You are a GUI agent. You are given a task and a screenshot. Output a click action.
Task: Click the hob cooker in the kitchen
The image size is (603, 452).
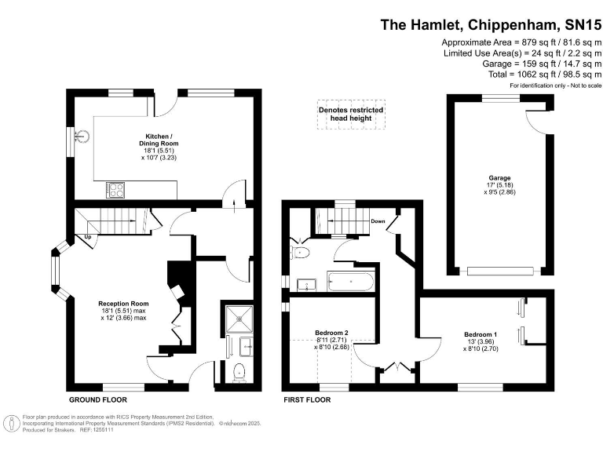(115, 190)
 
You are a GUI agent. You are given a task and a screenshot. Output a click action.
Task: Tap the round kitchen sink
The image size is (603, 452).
(82, 136)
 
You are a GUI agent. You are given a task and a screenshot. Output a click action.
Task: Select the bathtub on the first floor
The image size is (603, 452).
(350, 282)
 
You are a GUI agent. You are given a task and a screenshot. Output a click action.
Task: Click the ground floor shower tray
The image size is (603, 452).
(239, 319)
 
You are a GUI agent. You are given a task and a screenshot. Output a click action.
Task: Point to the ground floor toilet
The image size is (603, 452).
(239, 372)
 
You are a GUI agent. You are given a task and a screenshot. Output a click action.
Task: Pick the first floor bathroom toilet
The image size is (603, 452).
(301, 253)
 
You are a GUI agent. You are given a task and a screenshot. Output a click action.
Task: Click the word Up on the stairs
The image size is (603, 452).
(88, 237)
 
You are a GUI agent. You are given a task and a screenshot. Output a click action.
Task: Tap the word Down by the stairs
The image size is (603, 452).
(378, 221)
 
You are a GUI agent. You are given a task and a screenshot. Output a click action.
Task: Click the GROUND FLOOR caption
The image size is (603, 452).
(98, 400)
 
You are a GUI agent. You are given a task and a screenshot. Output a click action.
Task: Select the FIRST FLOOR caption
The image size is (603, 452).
(307, 400)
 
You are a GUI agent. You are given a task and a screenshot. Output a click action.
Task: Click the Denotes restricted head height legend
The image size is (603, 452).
(351, 114)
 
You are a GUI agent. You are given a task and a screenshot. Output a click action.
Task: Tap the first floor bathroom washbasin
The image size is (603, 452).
(306, 285)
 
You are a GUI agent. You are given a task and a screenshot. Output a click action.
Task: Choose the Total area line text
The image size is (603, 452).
(545, 75)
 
